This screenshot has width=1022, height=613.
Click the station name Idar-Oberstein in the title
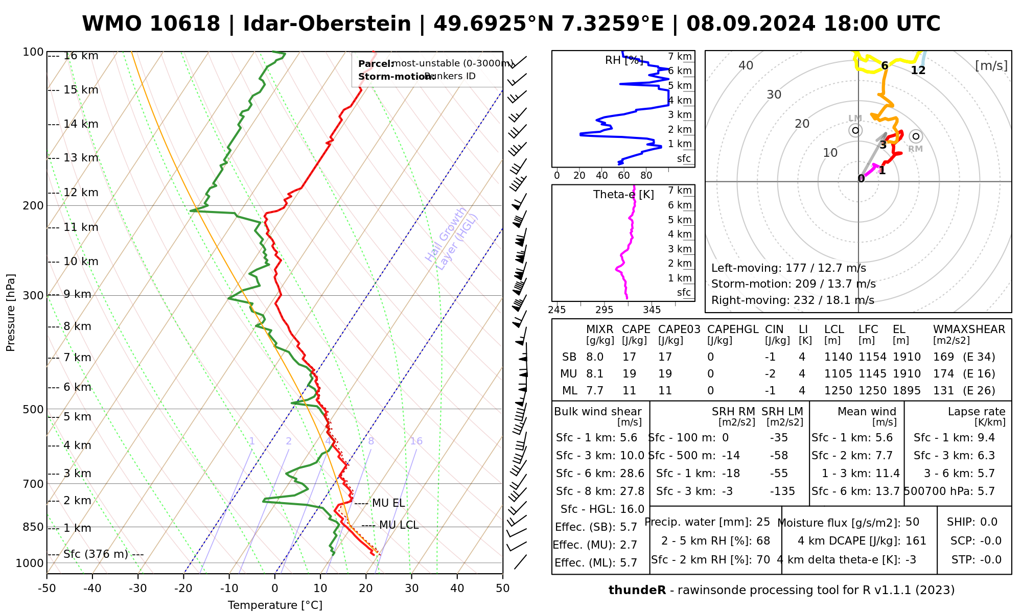click(327, 24)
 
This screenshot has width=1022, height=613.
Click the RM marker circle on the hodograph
click(916, 136)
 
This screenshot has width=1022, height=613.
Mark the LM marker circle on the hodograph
click(855, 131)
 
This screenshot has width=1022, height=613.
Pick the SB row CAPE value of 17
click(629, 357)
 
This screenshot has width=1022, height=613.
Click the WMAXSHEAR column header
click(969, 329)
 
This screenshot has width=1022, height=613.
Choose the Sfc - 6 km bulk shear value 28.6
click(630, 474)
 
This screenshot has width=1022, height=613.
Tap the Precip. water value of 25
click(763, 522)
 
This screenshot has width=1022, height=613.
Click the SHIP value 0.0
click(988, 522)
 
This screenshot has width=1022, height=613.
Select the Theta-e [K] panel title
click(623, 195)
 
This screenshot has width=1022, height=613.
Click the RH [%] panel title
click(624, 60)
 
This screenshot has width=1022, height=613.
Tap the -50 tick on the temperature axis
click(47, 588)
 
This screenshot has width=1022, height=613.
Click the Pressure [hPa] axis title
click(11, 313)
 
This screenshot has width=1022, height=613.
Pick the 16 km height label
click(81, 56)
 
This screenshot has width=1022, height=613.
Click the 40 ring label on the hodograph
click(746, 65)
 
